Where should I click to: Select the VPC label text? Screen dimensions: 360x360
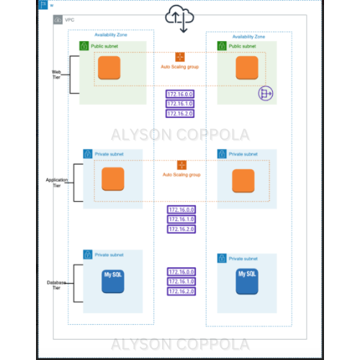click(69, 20)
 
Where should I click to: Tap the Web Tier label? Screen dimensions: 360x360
click(55, 74)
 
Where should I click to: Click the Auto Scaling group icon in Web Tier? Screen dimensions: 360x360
click(181, 57)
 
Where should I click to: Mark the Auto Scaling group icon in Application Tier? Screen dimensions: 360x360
click(181, 165)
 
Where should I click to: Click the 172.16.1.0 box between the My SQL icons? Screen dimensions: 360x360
click(181, 282)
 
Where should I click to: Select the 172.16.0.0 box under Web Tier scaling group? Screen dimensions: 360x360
click(180, 94)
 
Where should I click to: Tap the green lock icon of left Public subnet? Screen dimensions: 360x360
click(84, 46)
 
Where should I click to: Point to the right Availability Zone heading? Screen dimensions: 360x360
click(248, 35)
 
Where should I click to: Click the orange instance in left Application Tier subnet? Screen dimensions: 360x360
click(113, 179)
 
